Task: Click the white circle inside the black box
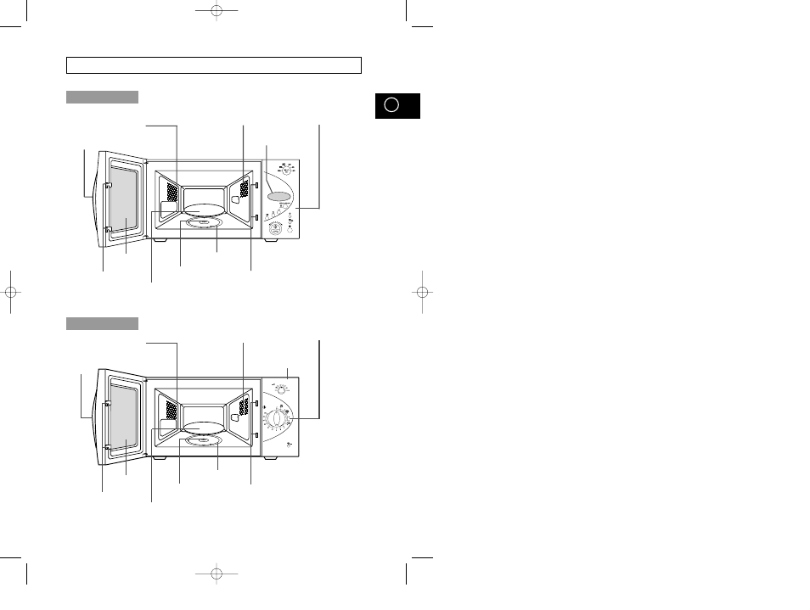(x=391, y=105)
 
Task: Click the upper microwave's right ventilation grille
(x=244, y=187)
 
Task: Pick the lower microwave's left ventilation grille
(x=172, y=411)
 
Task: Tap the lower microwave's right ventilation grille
(x=244, y=407)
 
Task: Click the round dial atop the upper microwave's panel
(x=287, y=170)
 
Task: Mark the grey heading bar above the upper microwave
(x=102, y=98)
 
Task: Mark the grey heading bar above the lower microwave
(x=102, y=323)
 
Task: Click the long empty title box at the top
(x=214, y=65)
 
